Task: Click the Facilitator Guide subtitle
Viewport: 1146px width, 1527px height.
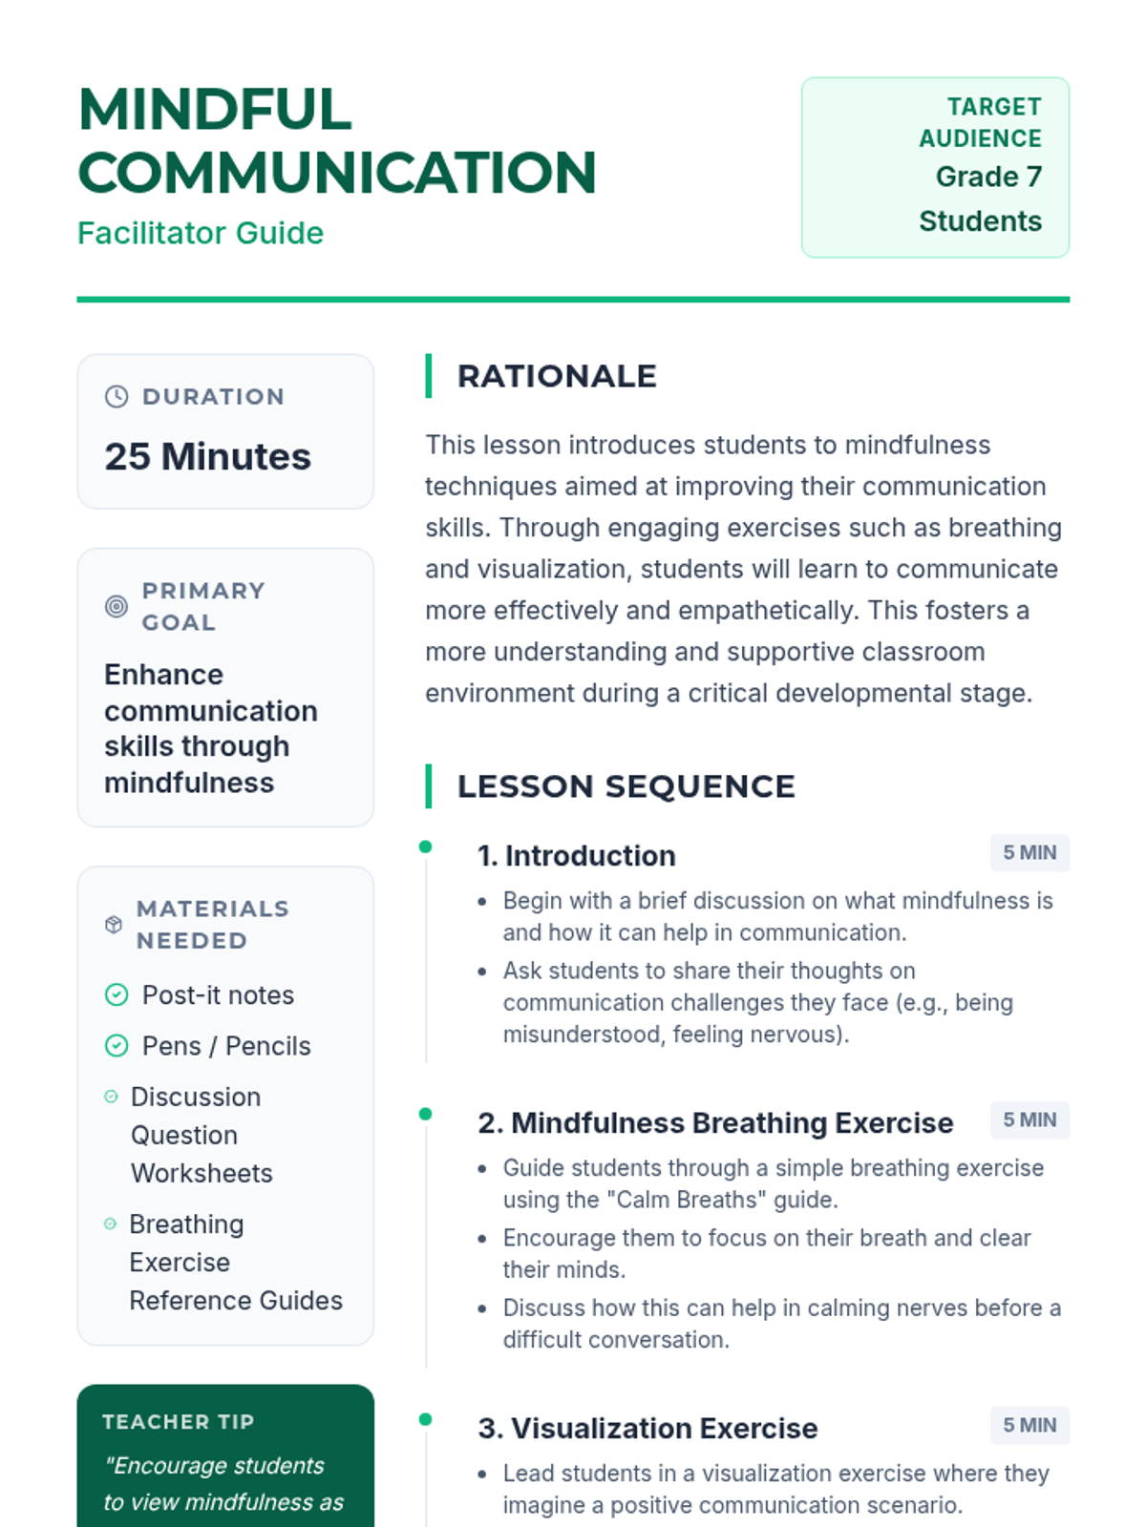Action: pyautogui.click(x=201, y=233)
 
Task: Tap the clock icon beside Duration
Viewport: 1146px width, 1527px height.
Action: pyautogui.click(x=117, y=397)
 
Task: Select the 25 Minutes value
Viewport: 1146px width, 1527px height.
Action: pyautogui.click(x=207, y=456)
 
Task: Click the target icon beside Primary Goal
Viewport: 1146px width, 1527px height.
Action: pyautogui.click(x=117, y=606)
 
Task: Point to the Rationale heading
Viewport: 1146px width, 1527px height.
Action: pyautogui.click(x=557, y=376)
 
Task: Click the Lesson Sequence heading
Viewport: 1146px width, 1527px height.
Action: pyautogui.click(x=626, y=786)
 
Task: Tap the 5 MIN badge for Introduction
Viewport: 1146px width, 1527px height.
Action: pyautogui.click(x=1029, y=852)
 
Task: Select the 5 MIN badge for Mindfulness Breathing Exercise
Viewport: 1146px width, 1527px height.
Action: pyautogui.click(x=1029, y=1119)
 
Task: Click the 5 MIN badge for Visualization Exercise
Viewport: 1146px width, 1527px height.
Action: pyautogui.click(x=1029, y=1425)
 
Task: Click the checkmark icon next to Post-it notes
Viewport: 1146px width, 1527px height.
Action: pyautogui.click(x=117, y=995)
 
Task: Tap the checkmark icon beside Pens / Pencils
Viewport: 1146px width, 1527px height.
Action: pyautogui.click(x=117, y=1046)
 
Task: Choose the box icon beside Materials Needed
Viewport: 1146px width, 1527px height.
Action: pyautogui.click(x=114, y=924)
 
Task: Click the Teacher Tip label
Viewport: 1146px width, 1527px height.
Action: pyautogui.click(x=179, y=1422)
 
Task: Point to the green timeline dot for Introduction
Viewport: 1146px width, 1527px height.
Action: pyautogui.click(x=426, y=847)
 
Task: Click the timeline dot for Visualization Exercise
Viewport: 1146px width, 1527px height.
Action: pyautogui.click(x=426, y=1419)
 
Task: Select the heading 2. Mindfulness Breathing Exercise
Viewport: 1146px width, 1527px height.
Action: pyautogui.click(x=715, y=1123)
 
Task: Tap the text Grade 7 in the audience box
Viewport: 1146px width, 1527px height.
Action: pyautogui.click(x=988, y=177)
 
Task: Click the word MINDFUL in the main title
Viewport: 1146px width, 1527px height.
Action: pyautogui.click(x=216, y=110)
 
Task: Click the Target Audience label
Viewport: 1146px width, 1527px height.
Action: pyautogui.click(x=981, y=122)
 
